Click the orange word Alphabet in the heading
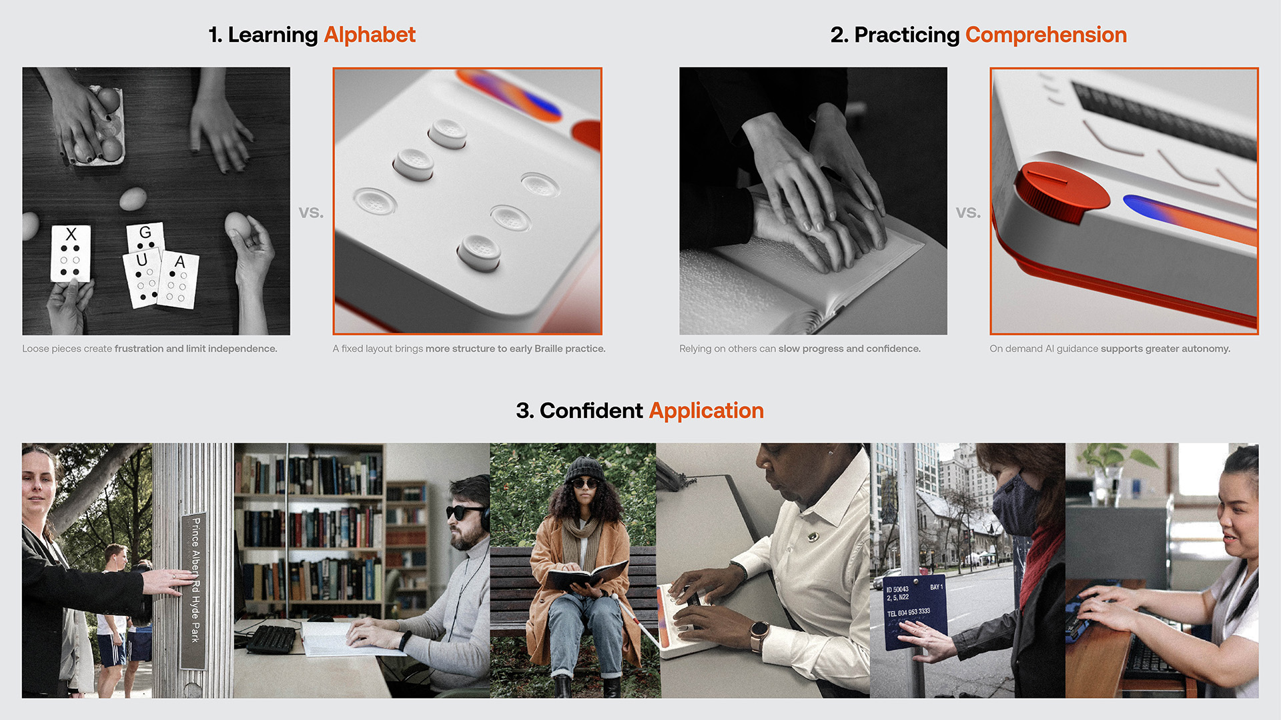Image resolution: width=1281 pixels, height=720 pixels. coord(370,35)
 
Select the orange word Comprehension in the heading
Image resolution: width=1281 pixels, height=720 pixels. coord(1045,35)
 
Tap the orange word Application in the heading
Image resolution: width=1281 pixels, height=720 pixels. coord(706,411)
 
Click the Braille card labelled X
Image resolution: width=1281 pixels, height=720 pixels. coord(71,253)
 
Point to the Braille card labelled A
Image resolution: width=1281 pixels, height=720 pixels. coord(178,280)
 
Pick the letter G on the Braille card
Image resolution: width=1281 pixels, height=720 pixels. coord(145,233)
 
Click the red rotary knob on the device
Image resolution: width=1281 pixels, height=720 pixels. coord(1061,191)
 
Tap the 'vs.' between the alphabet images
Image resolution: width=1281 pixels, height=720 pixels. coord(311,213)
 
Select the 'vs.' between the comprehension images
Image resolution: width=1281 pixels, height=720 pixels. coord(968,213)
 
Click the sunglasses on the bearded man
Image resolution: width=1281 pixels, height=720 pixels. coord(464,512)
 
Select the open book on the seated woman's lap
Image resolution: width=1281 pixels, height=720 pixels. coord(586,575)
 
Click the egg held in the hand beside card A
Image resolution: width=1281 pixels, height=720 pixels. coord(238,227)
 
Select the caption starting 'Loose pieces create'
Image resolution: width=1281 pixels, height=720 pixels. coord(149,349)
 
